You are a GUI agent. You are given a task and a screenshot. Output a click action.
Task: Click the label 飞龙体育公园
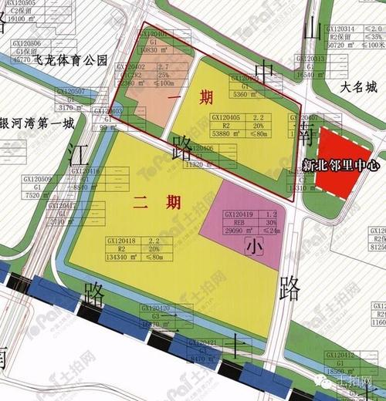point(76,59)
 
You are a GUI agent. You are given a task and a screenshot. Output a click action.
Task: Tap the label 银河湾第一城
point(39,123)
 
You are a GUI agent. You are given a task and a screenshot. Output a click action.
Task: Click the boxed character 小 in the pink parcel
point(255,247)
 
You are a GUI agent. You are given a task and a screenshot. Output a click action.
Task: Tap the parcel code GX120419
point(239,213)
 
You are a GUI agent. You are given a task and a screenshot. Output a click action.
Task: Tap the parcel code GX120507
point(72,91)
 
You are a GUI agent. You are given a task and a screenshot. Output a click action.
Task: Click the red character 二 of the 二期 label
point(140,203)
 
